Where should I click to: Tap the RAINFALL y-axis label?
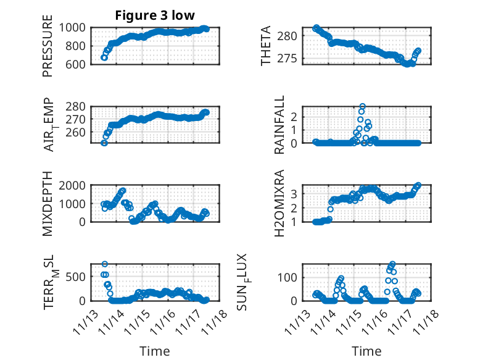[x=279, y=125]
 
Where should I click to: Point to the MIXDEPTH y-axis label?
[x=48, y=204]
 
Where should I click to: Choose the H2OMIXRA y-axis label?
[x=279, y=204]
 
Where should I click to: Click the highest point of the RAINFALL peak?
[x=363, y=106]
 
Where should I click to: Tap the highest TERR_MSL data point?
[x=105, y=264]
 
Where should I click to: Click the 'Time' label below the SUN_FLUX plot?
[x=366, y=351]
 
